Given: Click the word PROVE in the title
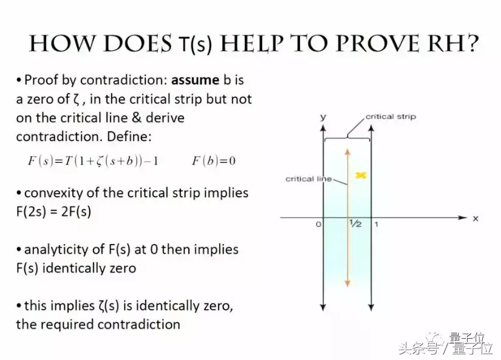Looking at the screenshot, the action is pos(377,43).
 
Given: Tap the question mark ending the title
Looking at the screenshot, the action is pos(470,43).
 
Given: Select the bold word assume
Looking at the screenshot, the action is pos(195,80).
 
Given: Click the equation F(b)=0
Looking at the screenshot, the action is pos(214,160).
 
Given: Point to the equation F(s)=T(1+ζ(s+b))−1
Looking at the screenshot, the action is pos(93,160).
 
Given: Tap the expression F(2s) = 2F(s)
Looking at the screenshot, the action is pos(53,211).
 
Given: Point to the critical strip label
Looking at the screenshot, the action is pos(390,117).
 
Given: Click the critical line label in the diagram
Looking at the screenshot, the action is pos(308,179).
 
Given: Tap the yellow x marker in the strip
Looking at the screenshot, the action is pos(361,175).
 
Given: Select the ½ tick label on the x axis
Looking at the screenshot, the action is pos(355,223).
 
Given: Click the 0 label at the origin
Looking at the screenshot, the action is pos(318,224).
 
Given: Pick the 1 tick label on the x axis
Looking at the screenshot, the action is pos(377,224).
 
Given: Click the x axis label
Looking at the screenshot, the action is pos(475,219).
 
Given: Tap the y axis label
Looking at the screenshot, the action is pos(323,117).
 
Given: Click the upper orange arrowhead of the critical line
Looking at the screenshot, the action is pos(347,151).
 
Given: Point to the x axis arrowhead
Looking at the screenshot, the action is pos(463,217).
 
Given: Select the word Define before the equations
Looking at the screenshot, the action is pos(129,137).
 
